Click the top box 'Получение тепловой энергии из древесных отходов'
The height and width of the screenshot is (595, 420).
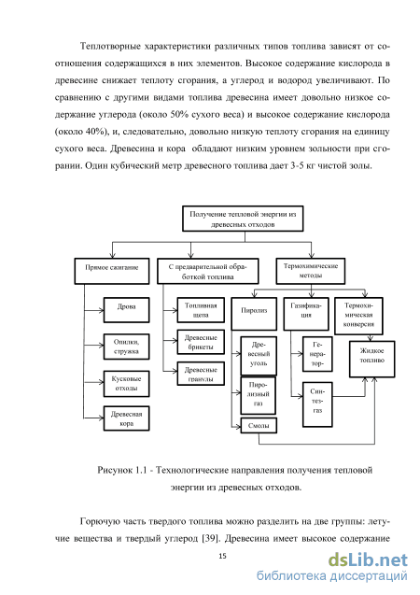tap(243, 219)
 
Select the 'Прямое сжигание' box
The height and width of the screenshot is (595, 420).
tap(112, 271)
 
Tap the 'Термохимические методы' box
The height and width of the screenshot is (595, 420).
tap(311, 271)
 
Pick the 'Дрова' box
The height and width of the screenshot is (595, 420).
tap(126, 310)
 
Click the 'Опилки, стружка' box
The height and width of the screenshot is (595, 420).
tap(126, 347)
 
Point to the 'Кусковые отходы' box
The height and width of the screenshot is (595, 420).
tap(126, 384)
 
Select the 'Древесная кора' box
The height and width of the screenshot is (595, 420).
tap(126, 418)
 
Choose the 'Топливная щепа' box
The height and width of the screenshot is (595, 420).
tap(201, 310)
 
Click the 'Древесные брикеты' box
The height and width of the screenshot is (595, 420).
tap(201, 342)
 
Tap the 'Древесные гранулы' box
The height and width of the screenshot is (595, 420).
tap(201, 374)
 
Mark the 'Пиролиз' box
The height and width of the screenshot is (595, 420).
tap(254, 314)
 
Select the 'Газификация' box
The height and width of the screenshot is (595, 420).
tap(306, 314)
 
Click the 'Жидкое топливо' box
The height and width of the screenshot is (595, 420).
tap(371, 359)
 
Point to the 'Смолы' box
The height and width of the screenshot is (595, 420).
tap(259, 425)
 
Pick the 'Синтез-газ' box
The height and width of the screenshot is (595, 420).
tap(317, 404)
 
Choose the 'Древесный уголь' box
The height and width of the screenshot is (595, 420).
tap(259, 356)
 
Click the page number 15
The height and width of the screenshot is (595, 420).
tap(222, 556)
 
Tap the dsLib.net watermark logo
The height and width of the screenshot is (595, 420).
tap(368, 560)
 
